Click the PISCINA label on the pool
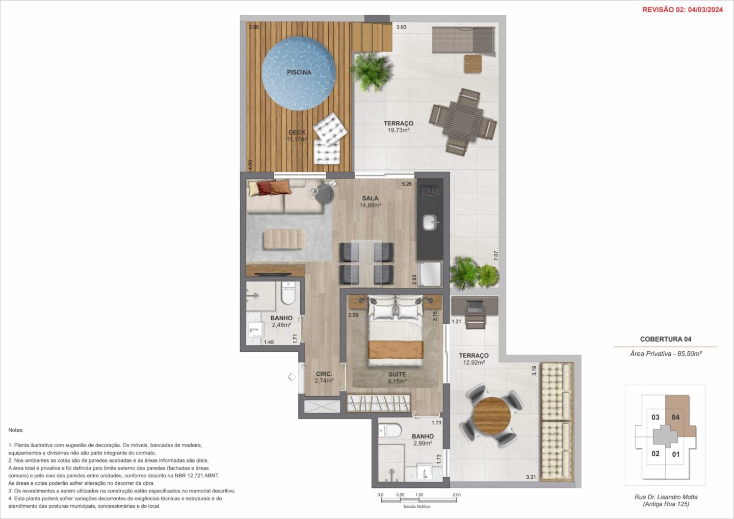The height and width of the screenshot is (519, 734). [299, 72]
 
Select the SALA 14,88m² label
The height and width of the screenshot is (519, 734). [370, 202]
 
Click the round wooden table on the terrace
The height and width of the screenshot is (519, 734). [492, 416]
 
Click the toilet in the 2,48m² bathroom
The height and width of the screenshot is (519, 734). [288, 293]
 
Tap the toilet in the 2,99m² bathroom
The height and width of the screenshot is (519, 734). [389, 430]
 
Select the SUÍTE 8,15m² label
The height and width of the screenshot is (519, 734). [397, 378]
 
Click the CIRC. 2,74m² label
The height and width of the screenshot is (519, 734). [324, 377]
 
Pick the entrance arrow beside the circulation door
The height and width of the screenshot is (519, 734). [292, 377]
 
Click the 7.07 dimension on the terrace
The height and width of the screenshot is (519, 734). [496, 256]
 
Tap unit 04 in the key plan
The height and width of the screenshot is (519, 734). [676, 418]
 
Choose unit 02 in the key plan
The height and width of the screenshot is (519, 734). [656, 454]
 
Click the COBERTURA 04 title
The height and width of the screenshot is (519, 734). [666, 340]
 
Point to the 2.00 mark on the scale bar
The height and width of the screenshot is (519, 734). [457, 495]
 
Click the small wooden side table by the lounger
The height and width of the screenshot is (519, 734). [473, 64]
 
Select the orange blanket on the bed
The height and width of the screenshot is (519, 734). [396, 350]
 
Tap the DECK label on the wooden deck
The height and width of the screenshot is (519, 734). [297, 133]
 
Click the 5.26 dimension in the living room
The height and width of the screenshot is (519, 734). [407, 184]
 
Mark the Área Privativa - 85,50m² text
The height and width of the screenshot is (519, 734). [666, 354]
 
